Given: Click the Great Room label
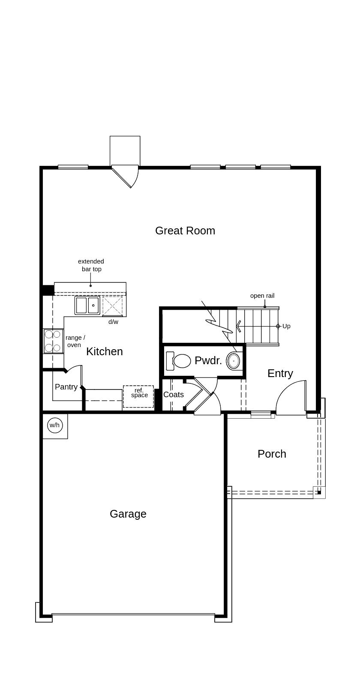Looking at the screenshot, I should coord(185,231).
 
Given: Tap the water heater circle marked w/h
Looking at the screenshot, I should coord(55,425).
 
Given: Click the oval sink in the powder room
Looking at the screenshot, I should coord(234,361).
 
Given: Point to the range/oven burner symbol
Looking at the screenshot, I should coord(53,341).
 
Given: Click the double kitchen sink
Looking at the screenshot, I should coord(87,306).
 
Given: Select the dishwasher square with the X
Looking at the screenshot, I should coord(112,306).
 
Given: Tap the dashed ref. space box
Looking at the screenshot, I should coord(138,396).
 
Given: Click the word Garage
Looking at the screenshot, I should coord(128,514).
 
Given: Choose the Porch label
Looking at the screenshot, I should coord(272,454).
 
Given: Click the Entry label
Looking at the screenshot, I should coord(280,373).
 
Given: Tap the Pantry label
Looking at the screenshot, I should coord(66,387).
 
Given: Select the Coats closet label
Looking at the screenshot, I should coord(174,395).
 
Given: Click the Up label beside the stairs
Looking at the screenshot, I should coord(286,326).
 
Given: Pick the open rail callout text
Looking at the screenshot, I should coord(262,296).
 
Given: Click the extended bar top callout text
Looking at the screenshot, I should coord(91,265).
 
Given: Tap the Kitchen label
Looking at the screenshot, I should coord(105,351).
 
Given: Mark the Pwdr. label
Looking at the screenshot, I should coord(208,361).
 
